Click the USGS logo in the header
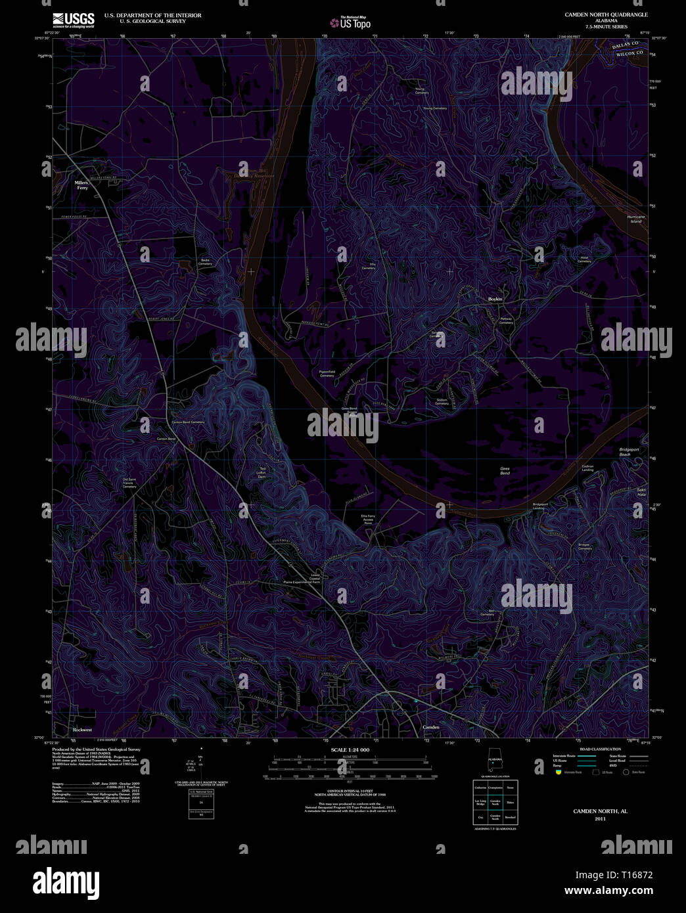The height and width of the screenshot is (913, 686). pyautogui.click(x=73, y=20)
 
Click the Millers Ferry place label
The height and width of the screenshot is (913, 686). pyautogui.click(x=81, y=185)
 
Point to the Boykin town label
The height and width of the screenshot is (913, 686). pyautogui.click(x=495, y=299)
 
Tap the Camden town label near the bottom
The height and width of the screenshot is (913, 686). pyautogui.click(x=430, y=727)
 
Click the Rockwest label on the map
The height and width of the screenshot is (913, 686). pyautogui.click(x=83, y=730)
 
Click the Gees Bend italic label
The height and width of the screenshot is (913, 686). pyautogui.click(x=505, y=471)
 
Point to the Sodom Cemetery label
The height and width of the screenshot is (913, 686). pyautogui.click(x=442, y=401)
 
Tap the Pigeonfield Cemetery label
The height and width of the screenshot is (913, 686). pyautogui.click(x=327, y=373)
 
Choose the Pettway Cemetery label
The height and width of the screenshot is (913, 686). pyautogui.click(x=506, y=321)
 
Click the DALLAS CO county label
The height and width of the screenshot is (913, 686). pyautogui.click(x=625, y=46)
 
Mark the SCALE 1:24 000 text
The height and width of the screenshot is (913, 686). pyautogui.click(x=350, y=749)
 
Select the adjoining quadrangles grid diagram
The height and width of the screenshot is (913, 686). pyautogui.click(x=495, y=802)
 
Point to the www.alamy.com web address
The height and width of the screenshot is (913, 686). pyautogui.click(x=608, y=891)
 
